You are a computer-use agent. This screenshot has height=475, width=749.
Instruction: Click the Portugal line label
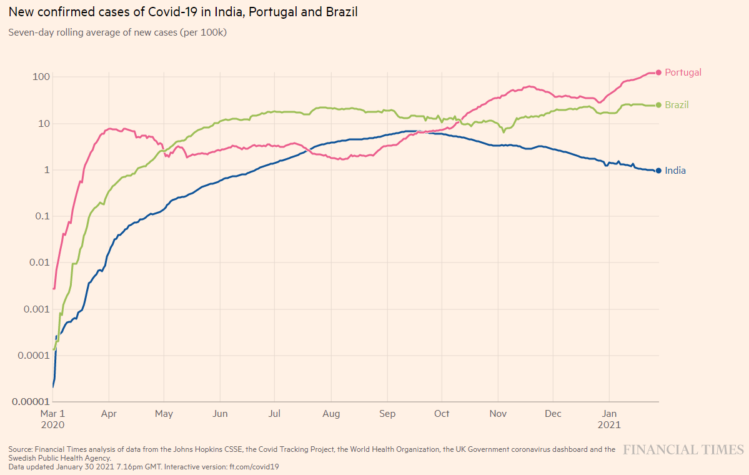tap(683, 72)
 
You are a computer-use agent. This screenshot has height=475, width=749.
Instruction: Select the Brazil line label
tap(677, 105)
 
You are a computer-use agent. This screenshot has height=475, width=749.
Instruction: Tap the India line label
tap(675, 171)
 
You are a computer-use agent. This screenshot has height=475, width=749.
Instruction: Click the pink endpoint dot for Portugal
tap(658, 72)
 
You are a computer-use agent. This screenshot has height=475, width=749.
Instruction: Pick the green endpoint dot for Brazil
tap(658, 105)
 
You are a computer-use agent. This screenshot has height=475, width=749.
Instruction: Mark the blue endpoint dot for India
tap(658, 171)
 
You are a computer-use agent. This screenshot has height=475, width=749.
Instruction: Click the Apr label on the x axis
tap(109, 414)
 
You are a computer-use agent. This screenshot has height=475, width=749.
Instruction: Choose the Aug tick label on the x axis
tap(331, 414)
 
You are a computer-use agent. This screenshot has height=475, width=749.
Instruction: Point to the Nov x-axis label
tap(498, 414)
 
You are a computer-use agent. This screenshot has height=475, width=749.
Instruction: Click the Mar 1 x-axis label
tap(52, 414)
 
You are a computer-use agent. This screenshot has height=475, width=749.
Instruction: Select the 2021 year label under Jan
tap(609, 424)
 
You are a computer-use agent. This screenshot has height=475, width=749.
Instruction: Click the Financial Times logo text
tap(683, 450)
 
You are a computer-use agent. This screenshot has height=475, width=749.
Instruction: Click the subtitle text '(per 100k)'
tap(203, 32)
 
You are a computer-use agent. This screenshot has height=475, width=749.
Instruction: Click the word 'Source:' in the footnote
tap(20, 449)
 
